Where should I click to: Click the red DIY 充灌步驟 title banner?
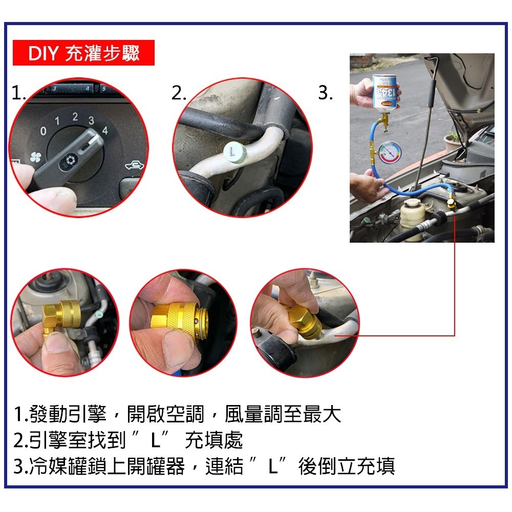click(83, 53)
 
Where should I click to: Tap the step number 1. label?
click(19, 93)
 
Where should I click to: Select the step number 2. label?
click(179, 93)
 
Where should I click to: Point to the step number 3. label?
click(326, 93)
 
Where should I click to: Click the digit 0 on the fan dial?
click(43, 132)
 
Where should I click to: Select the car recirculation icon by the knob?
click(134, 165)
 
